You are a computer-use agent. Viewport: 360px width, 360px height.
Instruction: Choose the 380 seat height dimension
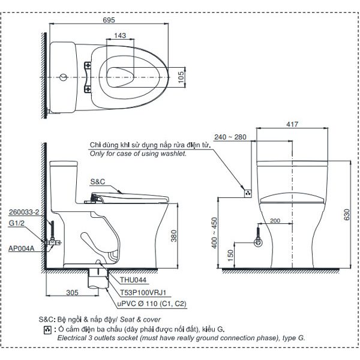pos(175,237)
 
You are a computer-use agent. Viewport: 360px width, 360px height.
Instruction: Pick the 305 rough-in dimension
pos(73,293)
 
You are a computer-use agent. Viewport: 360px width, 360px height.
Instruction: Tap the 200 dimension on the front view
pos(275,221)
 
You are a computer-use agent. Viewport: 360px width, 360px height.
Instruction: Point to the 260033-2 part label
pos(24,212)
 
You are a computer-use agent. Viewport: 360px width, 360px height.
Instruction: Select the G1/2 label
pos(18,223)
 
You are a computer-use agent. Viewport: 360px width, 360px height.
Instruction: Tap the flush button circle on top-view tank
pos(64,77)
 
